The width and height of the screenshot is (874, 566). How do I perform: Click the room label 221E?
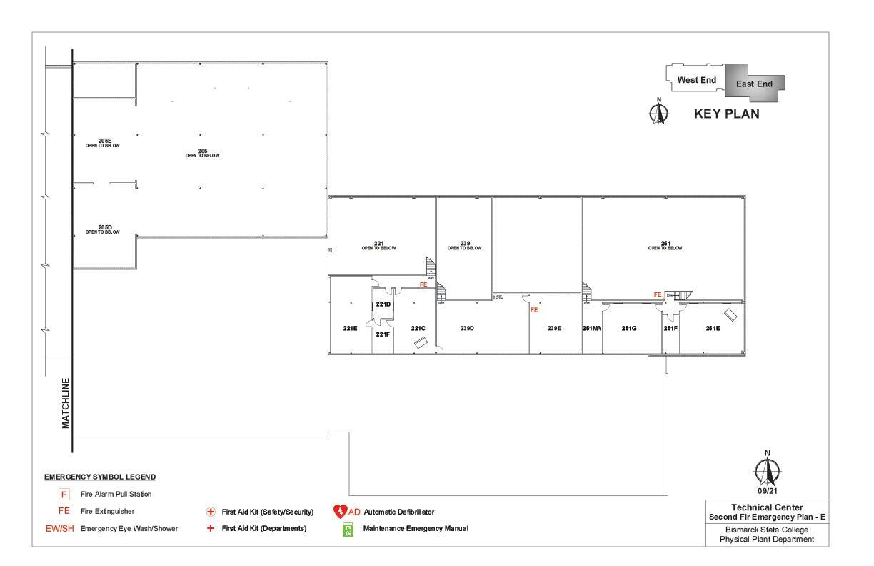coord(350,329)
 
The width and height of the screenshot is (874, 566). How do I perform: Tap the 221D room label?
coord(383,304)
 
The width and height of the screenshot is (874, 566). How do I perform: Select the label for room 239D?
coord(468,329)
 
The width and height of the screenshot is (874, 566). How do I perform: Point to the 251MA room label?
coord(592,329)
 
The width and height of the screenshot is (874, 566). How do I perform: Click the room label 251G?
coord(629,329)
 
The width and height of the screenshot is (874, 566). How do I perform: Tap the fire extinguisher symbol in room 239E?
coord(533,310)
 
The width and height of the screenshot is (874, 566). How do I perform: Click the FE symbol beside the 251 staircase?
coord(658,294)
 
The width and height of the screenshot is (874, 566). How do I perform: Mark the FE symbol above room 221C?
coord(423,284)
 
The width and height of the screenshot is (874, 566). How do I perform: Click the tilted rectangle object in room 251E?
coord(732,314)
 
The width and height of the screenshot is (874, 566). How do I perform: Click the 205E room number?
coord(105,141)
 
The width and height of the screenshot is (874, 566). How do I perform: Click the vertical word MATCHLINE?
coord(66,403)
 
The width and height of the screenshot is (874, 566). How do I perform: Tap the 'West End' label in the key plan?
coord(696,81)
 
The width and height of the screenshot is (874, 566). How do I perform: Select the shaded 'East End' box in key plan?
coord(755,84)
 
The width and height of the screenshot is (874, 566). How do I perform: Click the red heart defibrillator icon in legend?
coord(340,512)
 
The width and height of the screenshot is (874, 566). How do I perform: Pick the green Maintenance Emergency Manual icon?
coord(348,530)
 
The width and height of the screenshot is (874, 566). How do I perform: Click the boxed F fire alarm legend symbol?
coord(64,494)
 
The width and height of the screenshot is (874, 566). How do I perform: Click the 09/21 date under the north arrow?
coord(768,491)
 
